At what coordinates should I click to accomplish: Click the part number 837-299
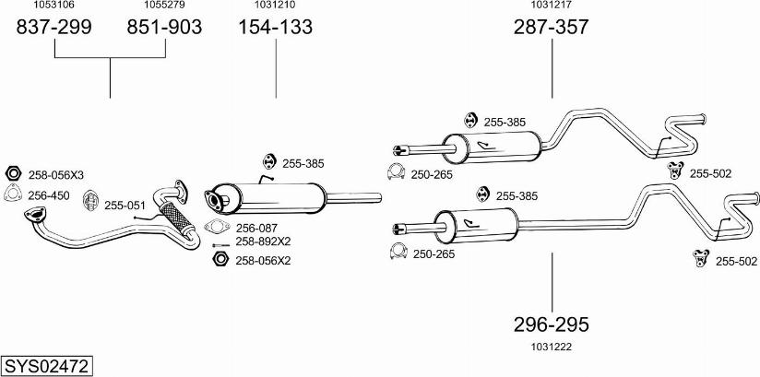[54, 28]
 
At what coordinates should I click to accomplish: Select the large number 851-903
[164, 28]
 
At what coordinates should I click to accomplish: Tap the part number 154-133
[276, 28]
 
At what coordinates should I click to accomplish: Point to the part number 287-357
[552, 28]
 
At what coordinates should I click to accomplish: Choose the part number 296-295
[552, 324]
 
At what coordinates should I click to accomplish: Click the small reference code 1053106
[54, 6]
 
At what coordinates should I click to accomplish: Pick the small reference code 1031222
[552, 347]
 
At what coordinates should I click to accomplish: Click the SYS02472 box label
[46, 366]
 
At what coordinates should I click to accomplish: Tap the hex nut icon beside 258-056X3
[13, 174]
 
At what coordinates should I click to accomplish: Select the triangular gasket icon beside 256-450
[13, 194]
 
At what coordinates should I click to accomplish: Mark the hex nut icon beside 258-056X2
[220, 260]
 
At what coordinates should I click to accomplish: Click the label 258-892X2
[263, 242]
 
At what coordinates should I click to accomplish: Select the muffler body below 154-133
[277, 196]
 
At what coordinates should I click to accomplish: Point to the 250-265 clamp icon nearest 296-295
[399, 253]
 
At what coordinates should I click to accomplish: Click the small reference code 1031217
[552, 6]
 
